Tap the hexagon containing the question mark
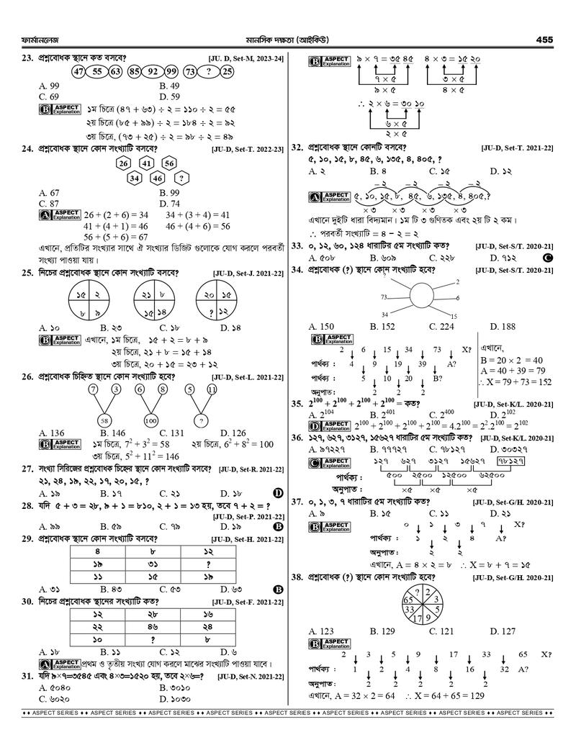pos(183,178)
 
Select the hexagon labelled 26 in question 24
pos(124,163)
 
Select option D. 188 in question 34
pos(503,327)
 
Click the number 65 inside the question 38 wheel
pos(408,599)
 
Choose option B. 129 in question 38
pos(382,631)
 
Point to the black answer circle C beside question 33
pos(548,258)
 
